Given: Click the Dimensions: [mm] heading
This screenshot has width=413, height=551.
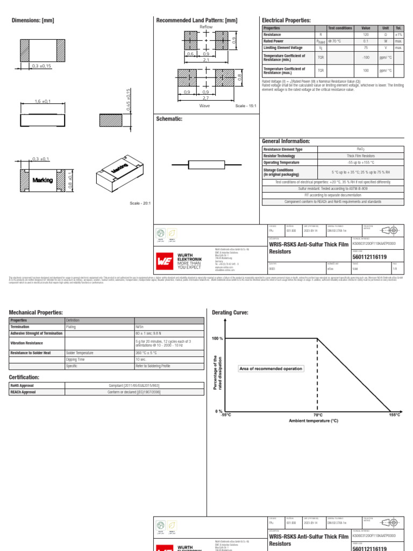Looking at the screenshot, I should pos(33,20).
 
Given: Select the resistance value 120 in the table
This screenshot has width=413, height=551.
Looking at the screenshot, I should pos(366,34).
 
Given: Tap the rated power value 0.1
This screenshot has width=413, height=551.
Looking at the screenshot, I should pos(366,41).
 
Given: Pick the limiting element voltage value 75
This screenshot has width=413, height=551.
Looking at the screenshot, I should pos(366,48).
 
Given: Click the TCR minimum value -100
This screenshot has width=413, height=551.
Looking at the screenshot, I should pos(366,57).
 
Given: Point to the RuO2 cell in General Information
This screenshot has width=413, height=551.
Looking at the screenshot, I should pos(361,149).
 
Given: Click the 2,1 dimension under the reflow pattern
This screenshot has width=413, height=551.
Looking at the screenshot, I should pos(206,61).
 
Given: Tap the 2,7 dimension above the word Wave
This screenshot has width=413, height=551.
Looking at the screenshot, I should pos(206,99).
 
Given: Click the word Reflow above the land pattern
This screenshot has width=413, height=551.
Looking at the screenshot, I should pos(206,26).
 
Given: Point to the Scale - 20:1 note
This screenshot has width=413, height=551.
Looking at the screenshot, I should pos(140,203).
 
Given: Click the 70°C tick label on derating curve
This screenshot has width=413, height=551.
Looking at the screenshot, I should pos(318,415).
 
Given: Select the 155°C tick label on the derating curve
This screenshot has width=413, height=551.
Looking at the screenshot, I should pos(395,415).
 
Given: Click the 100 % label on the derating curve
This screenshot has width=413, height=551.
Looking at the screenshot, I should pos(217,338).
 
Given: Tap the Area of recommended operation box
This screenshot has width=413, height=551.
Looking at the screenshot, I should pos(270,369).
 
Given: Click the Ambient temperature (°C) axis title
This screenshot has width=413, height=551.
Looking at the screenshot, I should pos(314,421).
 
